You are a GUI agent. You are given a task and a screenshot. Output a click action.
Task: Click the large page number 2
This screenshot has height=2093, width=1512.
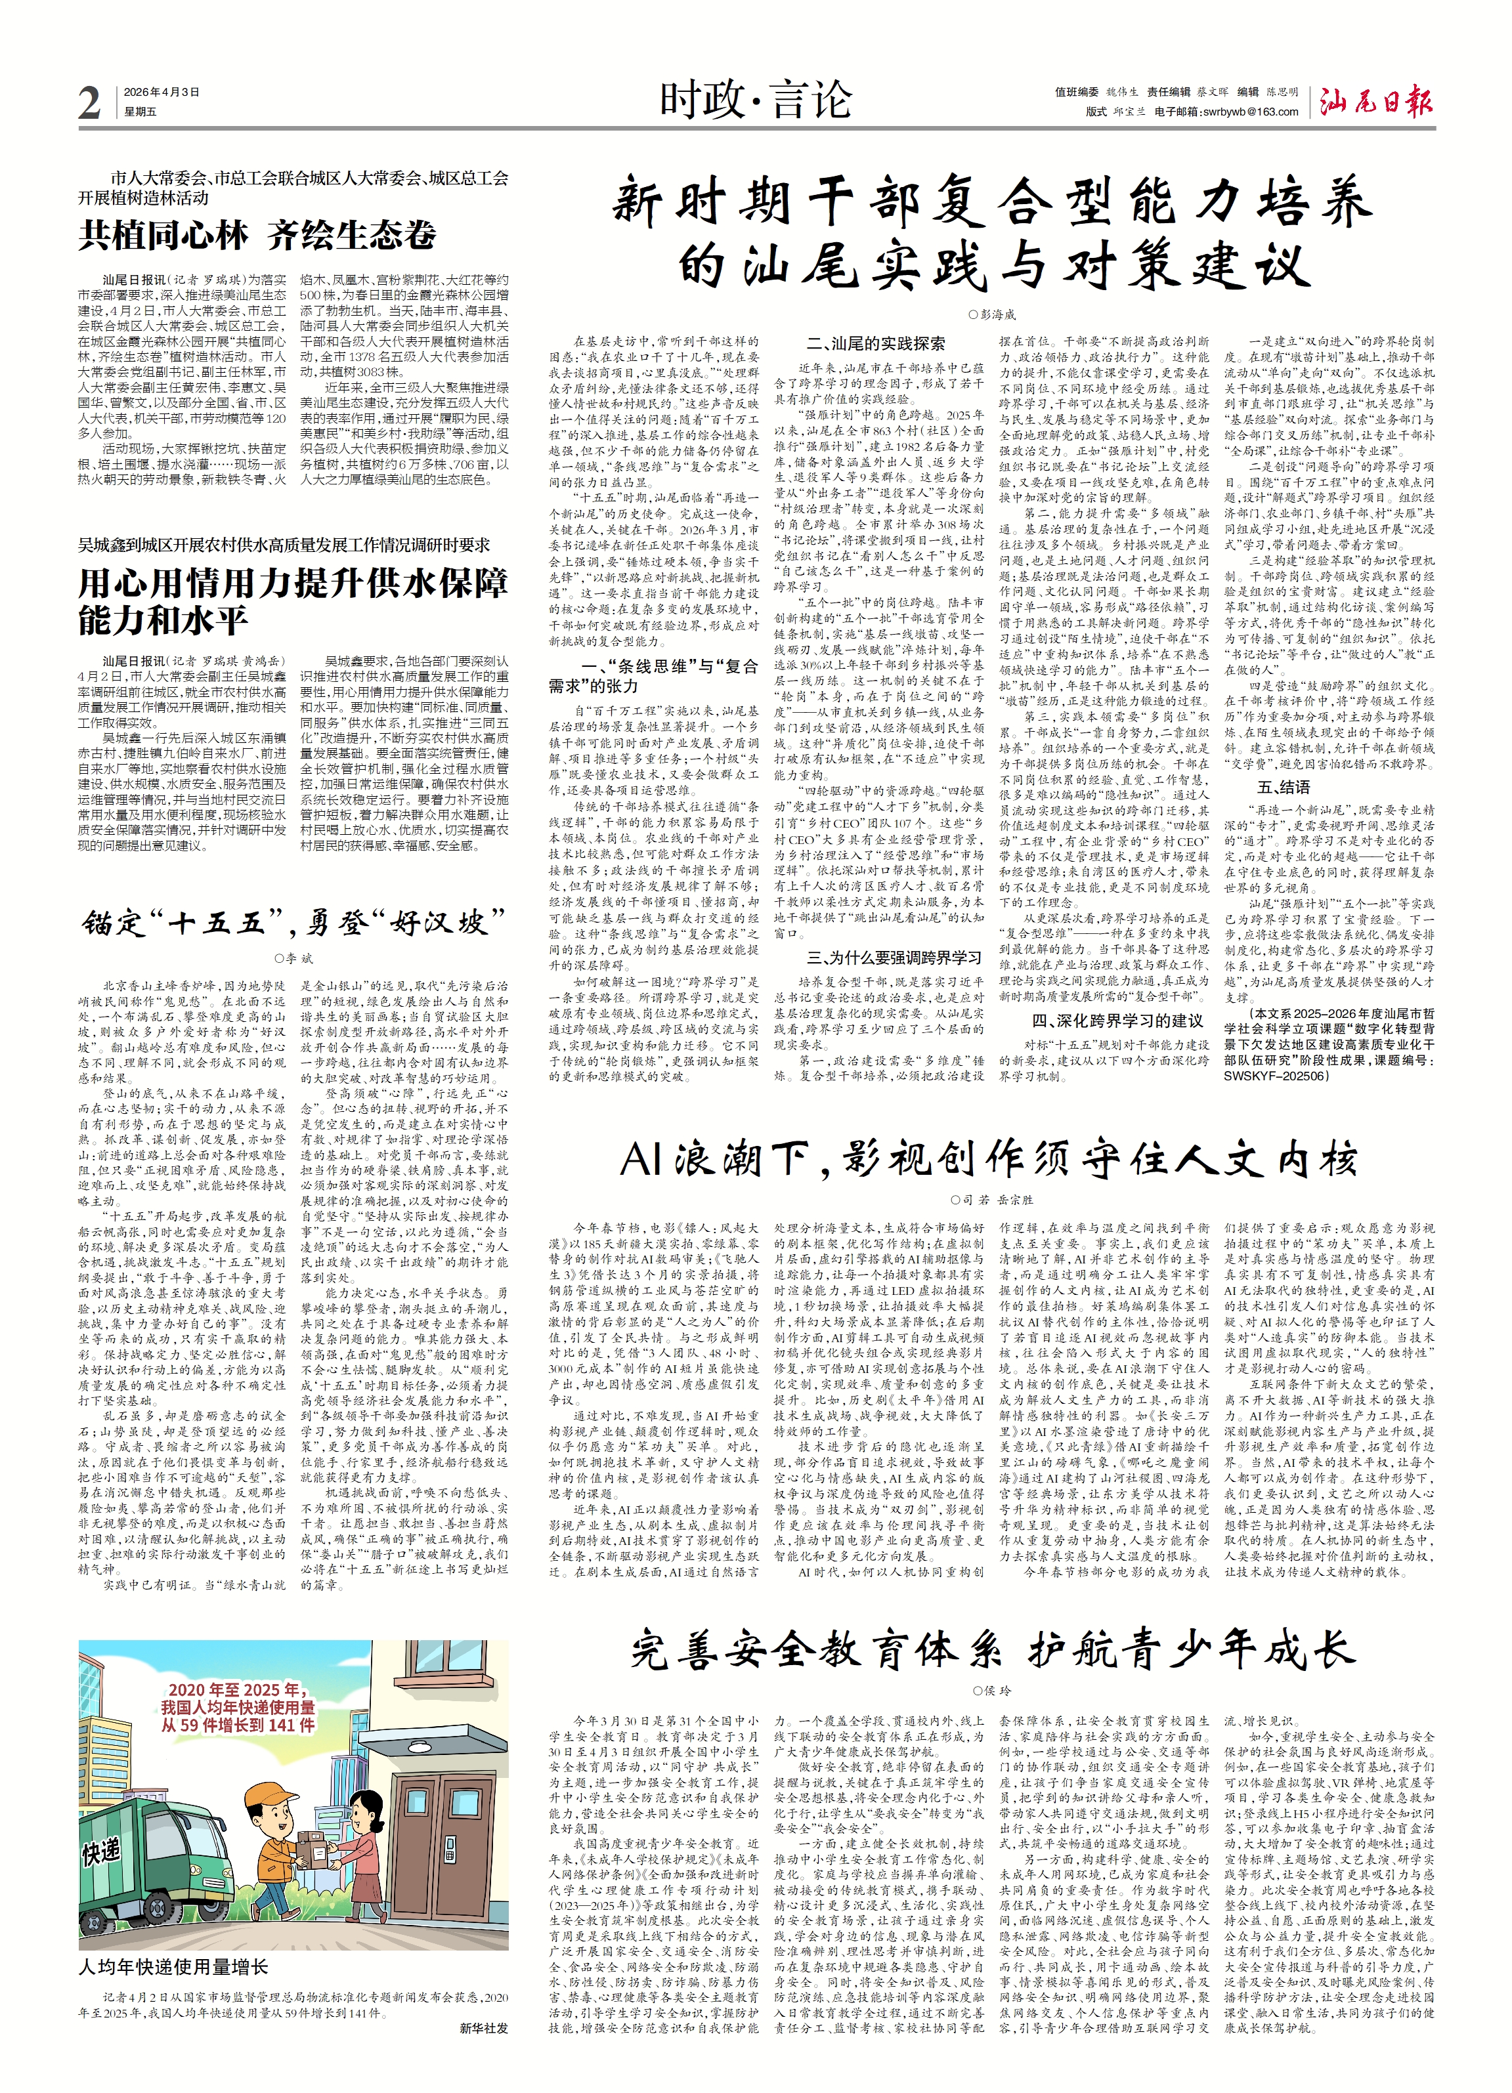click(x=89, y=102)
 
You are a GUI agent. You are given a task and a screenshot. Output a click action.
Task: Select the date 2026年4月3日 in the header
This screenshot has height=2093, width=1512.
click(x=162, y=93)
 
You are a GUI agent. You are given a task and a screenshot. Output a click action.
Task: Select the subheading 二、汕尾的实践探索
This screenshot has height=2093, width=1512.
click(x=875, y=343)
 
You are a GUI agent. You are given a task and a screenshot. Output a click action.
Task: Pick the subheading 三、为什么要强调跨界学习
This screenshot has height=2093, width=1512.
click(x=894, y=958)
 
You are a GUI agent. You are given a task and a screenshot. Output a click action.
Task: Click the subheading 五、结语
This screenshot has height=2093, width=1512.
click(x=1283, y=787)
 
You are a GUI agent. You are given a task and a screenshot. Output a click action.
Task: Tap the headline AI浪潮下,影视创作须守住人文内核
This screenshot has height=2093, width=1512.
click(x=989, y=1160)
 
